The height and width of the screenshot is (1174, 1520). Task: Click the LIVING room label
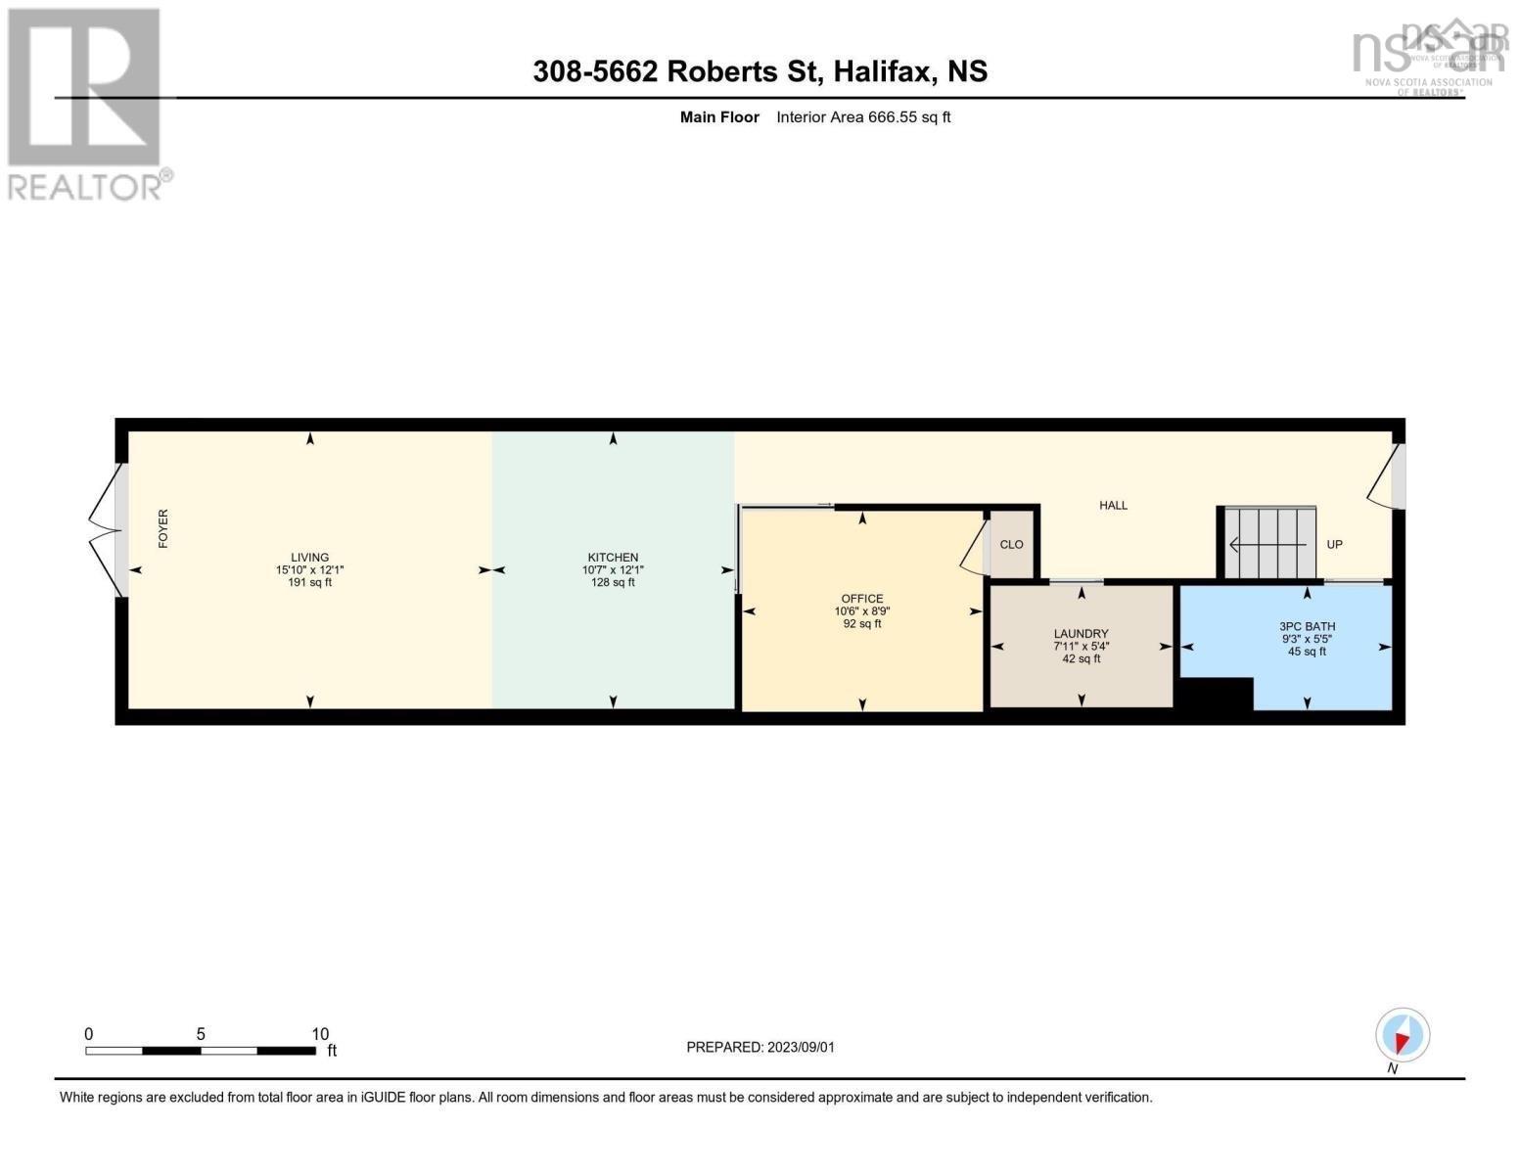pyautogui.click(x=309, y=558)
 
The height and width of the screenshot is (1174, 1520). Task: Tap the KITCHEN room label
pyautogui.click(x=613, y=558)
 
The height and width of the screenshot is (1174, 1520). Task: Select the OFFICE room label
pyautogui.click(x=861, y=599)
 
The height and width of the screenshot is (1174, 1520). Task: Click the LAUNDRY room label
pyautogui.click(x=1081, y=634)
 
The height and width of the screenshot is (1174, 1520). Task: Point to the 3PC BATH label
pyautogui.click(x=1307, y=627)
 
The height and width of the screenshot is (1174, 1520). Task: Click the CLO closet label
pyautogui.click(x=1011, y=545)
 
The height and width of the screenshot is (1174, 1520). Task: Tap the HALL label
pyautogui.click(x=1113, y=506)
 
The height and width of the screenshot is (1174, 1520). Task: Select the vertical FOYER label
pyautogui.click(x=163, y=528)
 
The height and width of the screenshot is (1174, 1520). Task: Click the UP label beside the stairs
pyautogui.click(x=1334, y=545)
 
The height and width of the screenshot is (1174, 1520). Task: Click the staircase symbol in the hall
pyautogui.click(x=1269, y=543)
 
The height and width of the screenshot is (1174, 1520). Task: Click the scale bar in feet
pyautogui.click(x=201, y=1051)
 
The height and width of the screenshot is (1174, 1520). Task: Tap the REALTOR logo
pyautogui.click(x=86, y=103)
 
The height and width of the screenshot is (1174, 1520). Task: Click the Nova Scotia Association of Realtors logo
pyautogui.click(x=1428, y=57)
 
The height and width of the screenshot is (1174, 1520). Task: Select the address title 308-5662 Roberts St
pyautogui.click(x=760, y=71)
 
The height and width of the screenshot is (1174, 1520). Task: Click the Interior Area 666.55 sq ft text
pyautogui.click(x=863, y=117)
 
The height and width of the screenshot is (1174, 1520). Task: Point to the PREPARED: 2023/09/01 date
pyautogui.click(x=760, y=1048)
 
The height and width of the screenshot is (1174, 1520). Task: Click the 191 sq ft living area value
pyautogui.click(x=309, y=583)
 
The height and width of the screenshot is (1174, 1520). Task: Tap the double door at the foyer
pyautogui.click(x=106, y=529)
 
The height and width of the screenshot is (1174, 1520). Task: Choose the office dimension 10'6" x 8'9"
pyautogui.click(x=861, y=611)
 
